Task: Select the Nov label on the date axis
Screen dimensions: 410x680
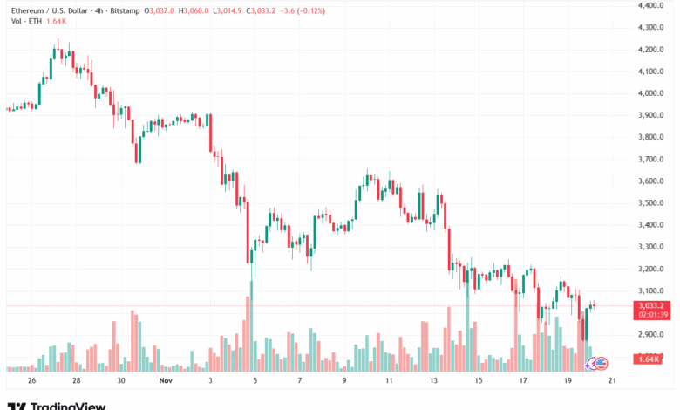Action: (x=167, y=381)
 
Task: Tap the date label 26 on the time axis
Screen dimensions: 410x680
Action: (x=31, y=381)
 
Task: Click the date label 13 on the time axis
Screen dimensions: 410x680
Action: (x=434, y=381)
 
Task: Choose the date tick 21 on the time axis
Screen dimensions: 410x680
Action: (x=614, y=381)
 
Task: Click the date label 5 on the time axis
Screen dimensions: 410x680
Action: (x=255, y=381)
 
